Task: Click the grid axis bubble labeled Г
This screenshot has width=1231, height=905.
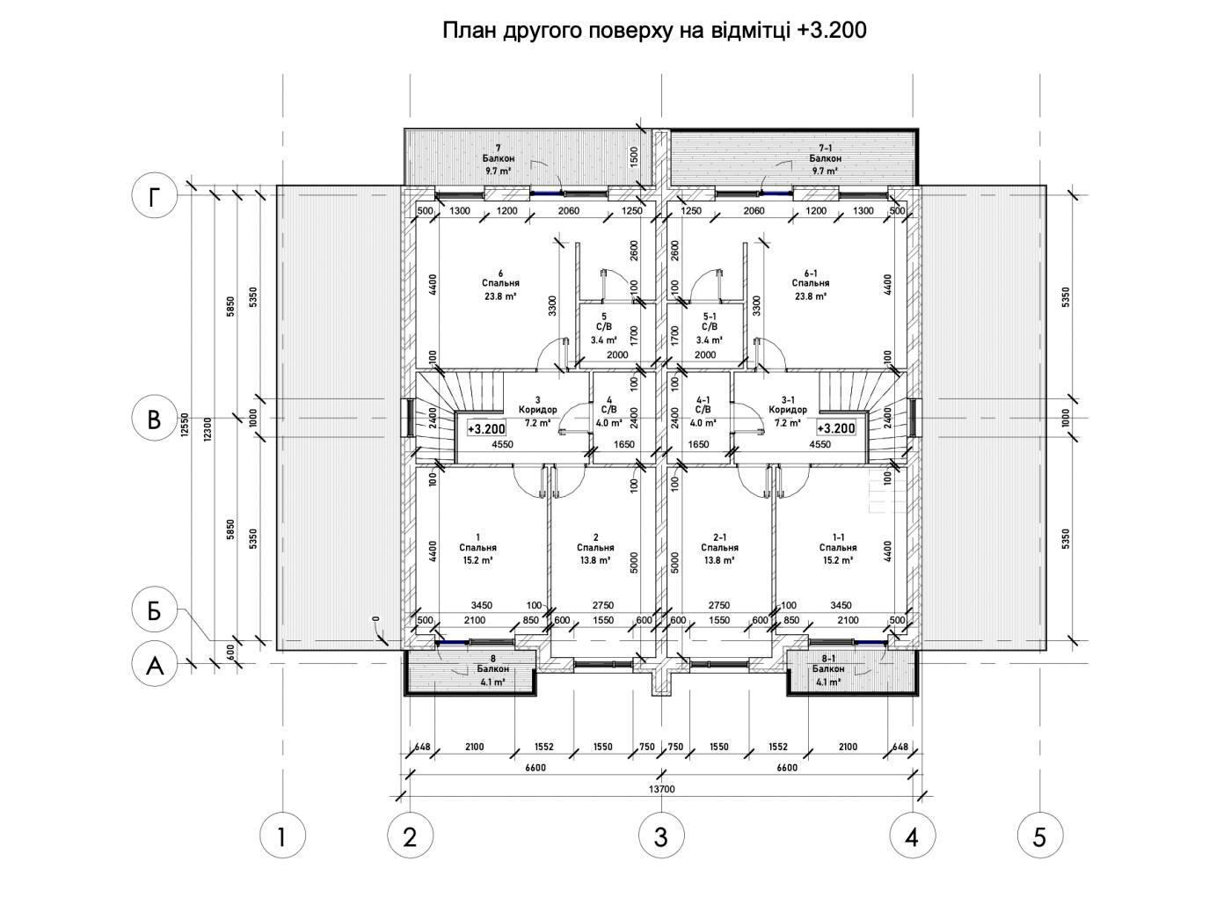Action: coord(155,196)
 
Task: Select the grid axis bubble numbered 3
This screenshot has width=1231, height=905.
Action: coord(661,836)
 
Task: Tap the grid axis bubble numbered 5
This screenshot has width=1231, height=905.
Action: coord(1039,836)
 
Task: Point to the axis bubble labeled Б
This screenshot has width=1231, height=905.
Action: coord(155,610)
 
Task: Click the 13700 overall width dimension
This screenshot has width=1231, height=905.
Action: coord(661,789)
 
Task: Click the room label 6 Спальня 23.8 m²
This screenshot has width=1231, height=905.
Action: coord(500,284)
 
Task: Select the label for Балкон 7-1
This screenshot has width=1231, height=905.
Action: coord(825,159)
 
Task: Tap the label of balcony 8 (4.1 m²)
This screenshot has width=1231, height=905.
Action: coord(492,669)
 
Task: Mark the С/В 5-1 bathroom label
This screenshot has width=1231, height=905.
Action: coord(709,328)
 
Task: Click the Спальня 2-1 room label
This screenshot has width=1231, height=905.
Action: coord(719,548)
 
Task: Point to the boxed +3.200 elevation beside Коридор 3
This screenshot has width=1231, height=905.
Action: coord(486,429)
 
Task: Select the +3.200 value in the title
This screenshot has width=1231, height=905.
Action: coord(830,30)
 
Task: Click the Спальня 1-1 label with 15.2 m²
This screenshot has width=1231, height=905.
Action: coord(837,548)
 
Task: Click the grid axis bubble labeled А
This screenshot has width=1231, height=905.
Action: coord(155,665)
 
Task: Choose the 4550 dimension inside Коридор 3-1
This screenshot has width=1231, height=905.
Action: coord(819,444)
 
